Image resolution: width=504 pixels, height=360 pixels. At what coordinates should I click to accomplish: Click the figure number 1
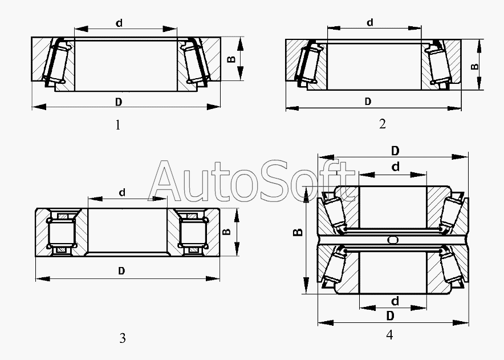tap(118, 125)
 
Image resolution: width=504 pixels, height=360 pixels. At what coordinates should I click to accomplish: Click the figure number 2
tap(382, 124)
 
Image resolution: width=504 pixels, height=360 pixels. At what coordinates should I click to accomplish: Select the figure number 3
tap(123, 338)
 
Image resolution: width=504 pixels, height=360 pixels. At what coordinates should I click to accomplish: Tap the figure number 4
tap(389, 335)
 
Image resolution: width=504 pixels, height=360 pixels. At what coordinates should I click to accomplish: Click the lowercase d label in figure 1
tap(119, 23)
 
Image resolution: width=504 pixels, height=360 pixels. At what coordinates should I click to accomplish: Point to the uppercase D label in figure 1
tap(119, 102)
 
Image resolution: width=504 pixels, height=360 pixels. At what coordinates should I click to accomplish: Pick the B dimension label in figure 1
tap(231, 59)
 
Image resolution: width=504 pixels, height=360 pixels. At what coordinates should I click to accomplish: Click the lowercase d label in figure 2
tap(370, 22)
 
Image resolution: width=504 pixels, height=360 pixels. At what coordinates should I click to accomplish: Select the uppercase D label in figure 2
tap(368, 102)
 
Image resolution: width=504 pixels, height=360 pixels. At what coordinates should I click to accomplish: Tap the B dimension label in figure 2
tap(475, 67)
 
